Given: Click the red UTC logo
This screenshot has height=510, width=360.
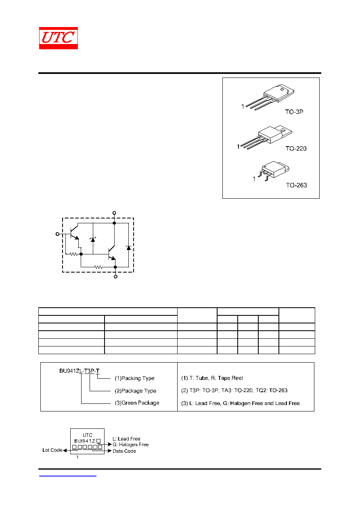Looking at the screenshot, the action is (x=58, y=38).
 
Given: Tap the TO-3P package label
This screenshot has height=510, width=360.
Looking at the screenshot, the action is (x=294, y=112).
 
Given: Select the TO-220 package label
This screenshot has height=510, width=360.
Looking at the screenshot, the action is (x=296, y=149).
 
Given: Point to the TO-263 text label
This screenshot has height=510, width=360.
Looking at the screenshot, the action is (x=296, y=185).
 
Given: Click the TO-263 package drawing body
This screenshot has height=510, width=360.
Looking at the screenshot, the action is (x=274, y=170).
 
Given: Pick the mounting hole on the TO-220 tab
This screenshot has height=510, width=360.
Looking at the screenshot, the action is (x=283, y=130).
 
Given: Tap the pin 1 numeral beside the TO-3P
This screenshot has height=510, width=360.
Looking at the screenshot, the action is (x=243, y=107).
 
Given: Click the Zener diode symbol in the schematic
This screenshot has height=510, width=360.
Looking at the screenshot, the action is (x=93, y=239).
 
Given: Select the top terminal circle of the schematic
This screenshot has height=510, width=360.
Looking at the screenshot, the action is (x=114, y=213).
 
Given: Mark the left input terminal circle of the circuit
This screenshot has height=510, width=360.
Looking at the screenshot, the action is (x=58, y=234).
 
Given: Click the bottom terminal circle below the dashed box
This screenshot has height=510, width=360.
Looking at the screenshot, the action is (x=115, y=277).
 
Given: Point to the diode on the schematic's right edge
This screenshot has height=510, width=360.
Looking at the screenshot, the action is (x=129, y=248).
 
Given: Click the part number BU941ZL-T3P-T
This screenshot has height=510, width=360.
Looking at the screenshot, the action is (x=79, y=371).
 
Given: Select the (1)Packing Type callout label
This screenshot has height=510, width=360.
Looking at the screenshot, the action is (x=134, y=378).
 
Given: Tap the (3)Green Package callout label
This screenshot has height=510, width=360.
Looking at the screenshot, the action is (x=137, y=403).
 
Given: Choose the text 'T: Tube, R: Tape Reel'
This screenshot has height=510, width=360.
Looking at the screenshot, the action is (x=216, y=378).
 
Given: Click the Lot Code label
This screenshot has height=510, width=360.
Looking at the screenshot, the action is (x=52, y=450).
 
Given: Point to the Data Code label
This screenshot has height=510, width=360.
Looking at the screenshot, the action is (x=124, y=451).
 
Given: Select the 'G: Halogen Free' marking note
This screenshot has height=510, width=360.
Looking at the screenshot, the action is (x=131, y=445).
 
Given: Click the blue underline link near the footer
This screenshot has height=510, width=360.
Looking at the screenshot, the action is (x=67, y=476).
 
